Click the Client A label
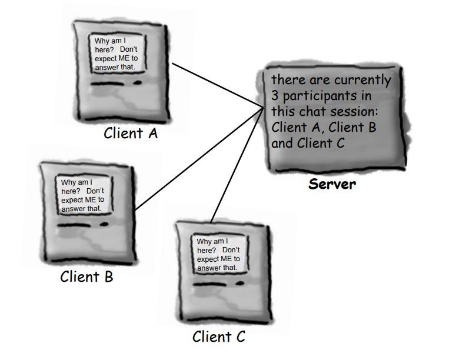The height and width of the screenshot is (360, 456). point(131,133)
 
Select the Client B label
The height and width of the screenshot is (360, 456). point(86,276)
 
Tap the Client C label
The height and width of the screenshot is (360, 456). point(218,336)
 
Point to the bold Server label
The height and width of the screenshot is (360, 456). point(332,184)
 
